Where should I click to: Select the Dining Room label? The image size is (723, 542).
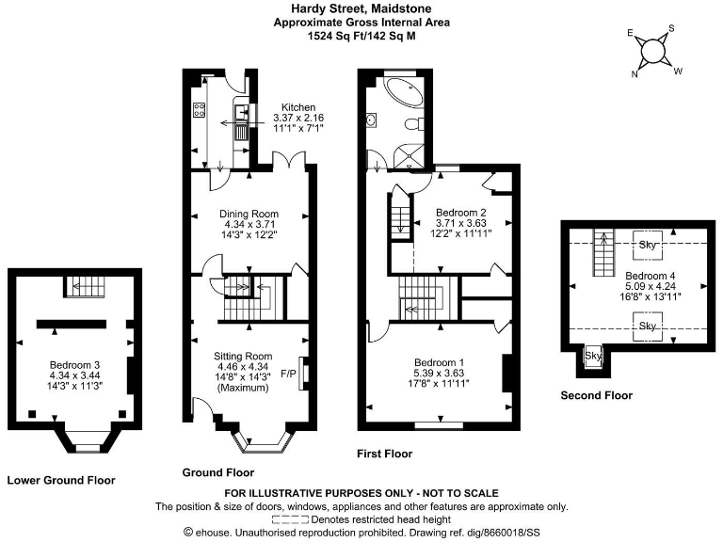pos(249,214)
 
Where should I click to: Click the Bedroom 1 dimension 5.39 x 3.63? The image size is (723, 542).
pos(442,373)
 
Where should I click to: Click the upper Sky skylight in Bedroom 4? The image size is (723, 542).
pos(648,245)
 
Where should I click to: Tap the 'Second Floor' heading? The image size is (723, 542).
pos(596,395)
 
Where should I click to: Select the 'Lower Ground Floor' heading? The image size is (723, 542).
pos(61,480)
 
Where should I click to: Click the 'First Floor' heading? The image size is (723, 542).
pos(384,454)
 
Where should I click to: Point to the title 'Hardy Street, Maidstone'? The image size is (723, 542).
pos(361,8)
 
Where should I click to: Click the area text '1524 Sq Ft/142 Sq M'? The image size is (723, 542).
pos(361,36)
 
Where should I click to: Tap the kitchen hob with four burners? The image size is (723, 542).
pos(201,109)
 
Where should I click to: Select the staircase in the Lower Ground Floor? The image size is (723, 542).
pos(84,286)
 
